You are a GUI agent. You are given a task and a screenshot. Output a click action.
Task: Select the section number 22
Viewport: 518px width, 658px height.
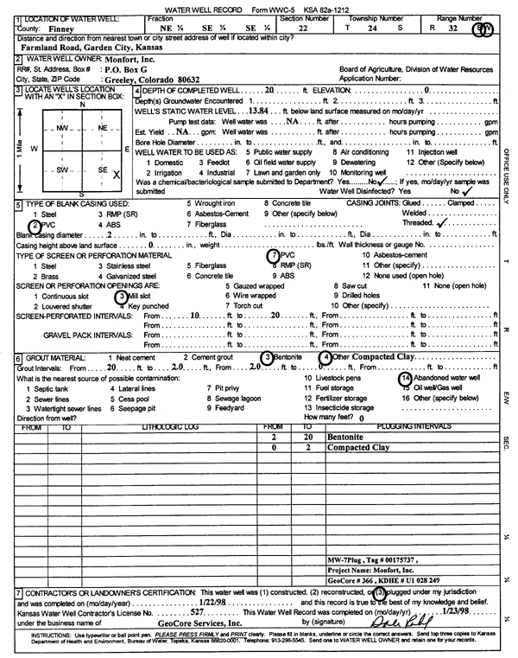[303, 28]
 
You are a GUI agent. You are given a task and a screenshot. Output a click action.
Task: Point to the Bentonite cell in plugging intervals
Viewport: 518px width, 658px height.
[346, 438]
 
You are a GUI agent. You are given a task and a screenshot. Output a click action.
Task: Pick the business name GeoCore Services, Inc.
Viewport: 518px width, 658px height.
[212, 623]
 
